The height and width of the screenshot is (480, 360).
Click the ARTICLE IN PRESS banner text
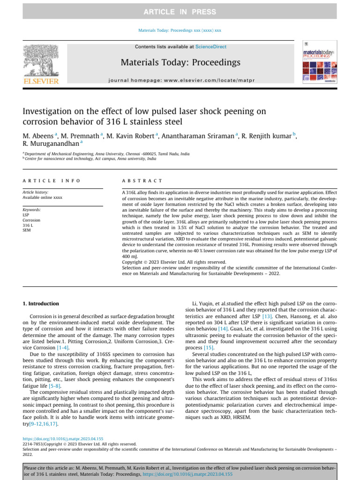click(x=180, y=12)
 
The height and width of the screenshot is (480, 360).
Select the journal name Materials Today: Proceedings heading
click(x=180, y=62)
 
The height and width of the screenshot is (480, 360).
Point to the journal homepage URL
click(x=180, y=80)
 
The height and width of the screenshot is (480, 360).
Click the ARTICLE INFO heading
click(x=51, y=180)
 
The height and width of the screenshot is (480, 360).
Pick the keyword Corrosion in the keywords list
click(x=31, y=220)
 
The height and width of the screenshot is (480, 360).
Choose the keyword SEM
click(x=27, y=230)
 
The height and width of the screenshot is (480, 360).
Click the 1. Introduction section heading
click(x=41, y=304)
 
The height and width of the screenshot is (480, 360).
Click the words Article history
click(x=35, y=193)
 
